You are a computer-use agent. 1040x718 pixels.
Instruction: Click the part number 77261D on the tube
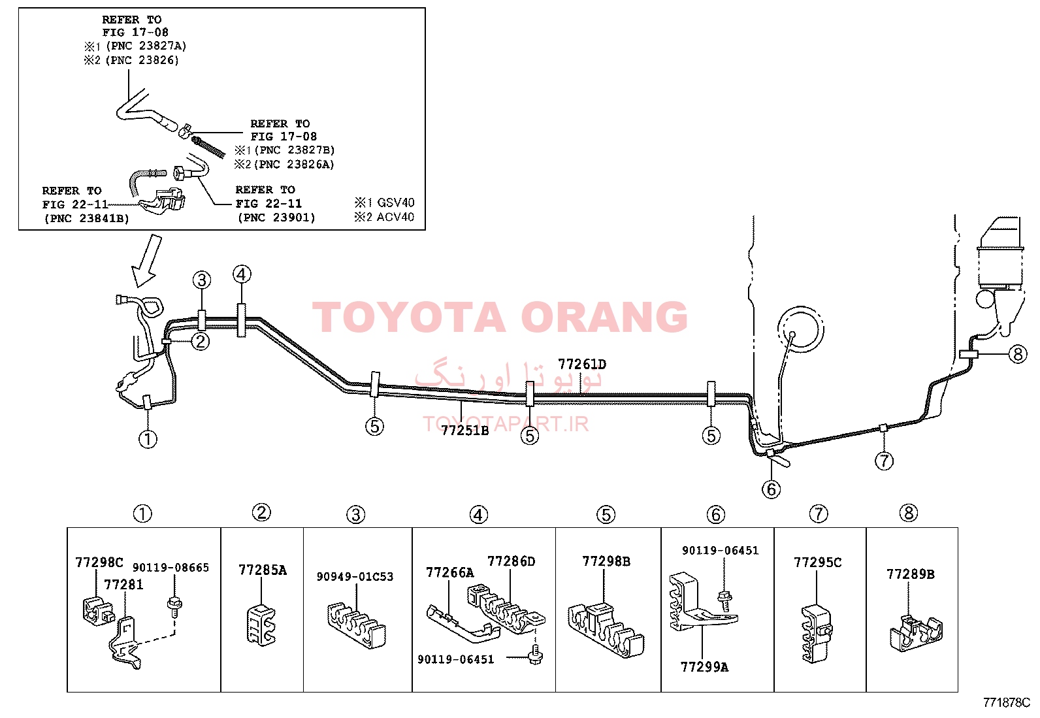[x=582, y=364]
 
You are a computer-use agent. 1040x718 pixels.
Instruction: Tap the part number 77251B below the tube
[x=464, y=431]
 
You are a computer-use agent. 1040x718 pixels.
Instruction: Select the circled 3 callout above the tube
[x=202, y=280]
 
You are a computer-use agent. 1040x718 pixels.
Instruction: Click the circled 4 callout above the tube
[x=242, y=274]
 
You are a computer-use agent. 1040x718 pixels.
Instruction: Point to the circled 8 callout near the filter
[x=1018, y=354]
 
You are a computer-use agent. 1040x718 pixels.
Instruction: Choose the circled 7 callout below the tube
[x=884, y=461]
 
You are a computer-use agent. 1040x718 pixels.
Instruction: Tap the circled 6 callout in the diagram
[x=771, y=489]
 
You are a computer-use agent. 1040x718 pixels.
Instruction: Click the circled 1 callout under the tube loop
[x=148, y=439]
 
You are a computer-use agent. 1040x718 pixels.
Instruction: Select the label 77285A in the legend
[x=263, y=570]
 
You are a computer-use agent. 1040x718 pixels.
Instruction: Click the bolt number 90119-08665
[x=171, y=568]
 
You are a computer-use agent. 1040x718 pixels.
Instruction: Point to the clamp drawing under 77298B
[x=606, y=630]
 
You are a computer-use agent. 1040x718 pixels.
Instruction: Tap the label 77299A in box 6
[x=704, y=667]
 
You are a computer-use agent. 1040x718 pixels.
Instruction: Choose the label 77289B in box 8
[x=911, y=574]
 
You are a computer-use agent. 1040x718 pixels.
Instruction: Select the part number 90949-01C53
[x=355, y=576]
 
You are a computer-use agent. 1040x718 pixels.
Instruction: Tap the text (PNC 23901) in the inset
[x=276, y=218]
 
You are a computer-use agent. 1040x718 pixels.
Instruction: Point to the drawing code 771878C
[x=1006, y=703]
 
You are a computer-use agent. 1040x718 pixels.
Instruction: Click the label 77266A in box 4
[x=450, y=572]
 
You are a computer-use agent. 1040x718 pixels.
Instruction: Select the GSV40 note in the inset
[x=396, y=203]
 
